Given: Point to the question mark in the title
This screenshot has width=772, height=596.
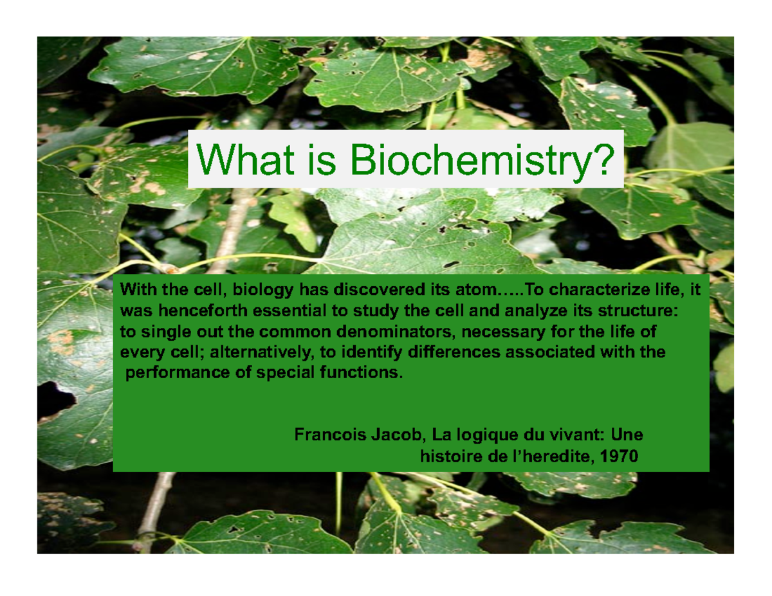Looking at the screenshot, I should point(598,158).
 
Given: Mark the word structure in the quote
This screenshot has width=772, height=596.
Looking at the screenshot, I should point(638,311).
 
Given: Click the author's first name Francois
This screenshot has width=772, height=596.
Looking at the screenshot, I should point(325,435).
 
